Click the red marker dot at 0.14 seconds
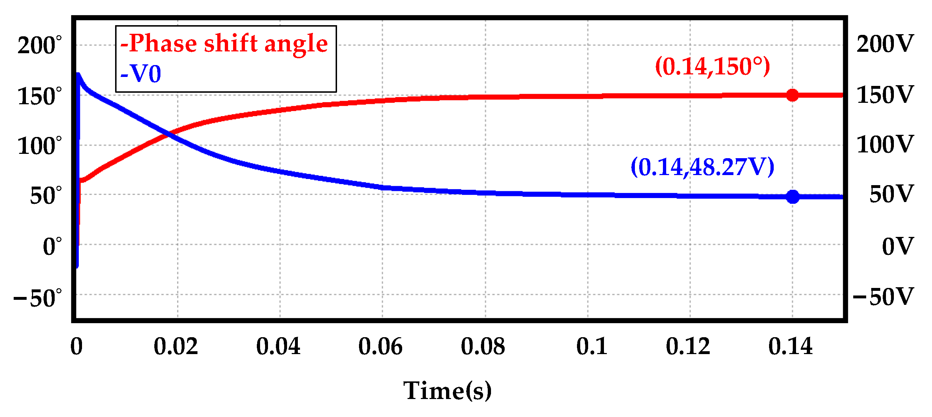[792, 95]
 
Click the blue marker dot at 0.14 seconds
[793, 197]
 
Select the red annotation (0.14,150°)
[712, 67]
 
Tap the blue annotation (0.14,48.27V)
[702, 168]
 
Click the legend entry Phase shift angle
[224, 43]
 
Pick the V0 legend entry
[141, 74]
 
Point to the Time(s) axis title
[447, 391]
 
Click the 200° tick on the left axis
[39, 46]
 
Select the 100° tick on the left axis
[39, 146]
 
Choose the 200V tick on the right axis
[885, 44]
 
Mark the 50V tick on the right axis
[891, 194]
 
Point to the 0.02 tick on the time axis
[176, 347]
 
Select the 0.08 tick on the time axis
[483, 347]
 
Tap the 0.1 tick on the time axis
[592, 347]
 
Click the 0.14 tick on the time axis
[790, 347]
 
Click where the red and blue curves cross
[168, 135]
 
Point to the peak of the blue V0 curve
[78, 75]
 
